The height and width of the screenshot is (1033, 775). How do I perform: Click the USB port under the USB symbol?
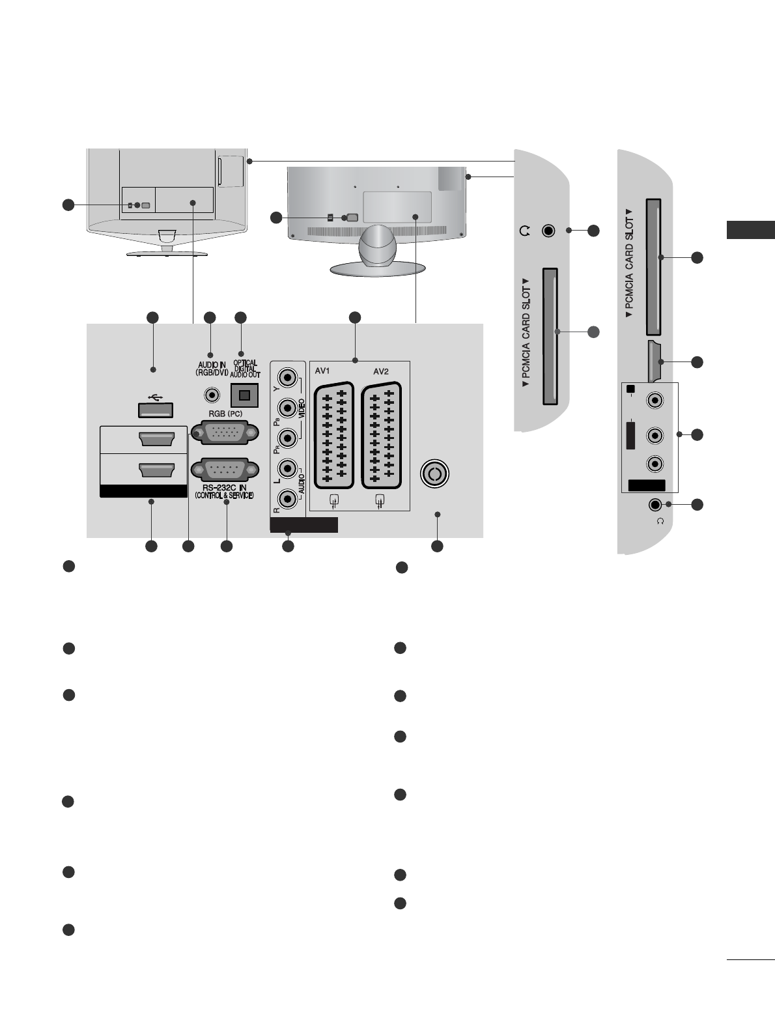click(x=155, y=410)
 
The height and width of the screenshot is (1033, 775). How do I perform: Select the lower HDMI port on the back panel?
click(x=156, y=470)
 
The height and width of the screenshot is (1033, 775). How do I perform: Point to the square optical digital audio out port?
click(x=245, y=395)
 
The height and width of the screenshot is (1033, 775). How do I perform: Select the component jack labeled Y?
click(x=287, y=378)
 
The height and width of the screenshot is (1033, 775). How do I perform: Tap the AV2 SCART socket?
click(x=380, y=434)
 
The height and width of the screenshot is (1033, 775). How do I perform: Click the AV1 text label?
click(x=324, y=371)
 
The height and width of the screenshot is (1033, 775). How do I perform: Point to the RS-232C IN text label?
click(x=223, y=488)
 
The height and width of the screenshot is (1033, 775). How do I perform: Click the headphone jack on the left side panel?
click(x=549, y=231)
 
